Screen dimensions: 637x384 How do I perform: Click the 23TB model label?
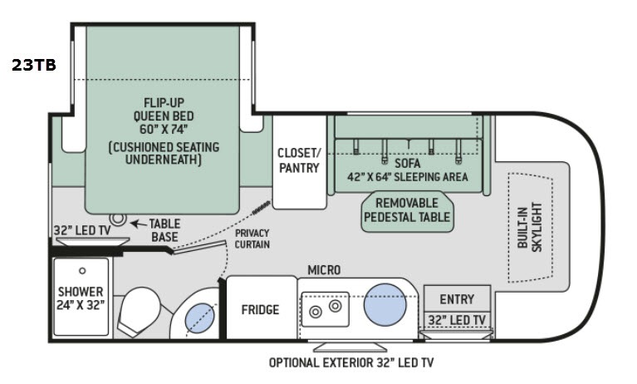[x=34, y=65]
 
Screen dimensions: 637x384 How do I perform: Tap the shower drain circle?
[x=82, y=270]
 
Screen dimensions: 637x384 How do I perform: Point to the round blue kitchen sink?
[x=385, y=305]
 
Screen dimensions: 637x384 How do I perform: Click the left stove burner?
[x=316, y=313]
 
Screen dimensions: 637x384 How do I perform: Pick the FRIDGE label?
[x=260, y=310]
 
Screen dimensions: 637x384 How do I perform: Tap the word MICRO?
[x=324, y=270]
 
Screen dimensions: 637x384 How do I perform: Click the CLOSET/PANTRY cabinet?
[x=300, y=162]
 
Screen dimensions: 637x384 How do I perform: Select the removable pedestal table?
[x=407, y=211]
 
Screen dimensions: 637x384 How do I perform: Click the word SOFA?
[x=408, y=164]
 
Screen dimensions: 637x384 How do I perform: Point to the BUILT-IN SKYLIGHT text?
[x=530, y=227]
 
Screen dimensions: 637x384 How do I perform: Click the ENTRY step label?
[x=457, y=299]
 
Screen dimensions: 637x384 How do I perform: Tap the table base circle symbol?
[x=118, y=219]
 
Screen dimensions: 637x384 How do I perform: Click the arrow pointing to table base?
[x=138, y=224]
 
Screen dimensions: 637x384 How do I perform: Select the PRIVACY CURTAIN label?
[x=252, y=239]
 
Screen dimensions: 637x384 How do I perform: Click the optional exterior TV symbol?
[x=350, y=347]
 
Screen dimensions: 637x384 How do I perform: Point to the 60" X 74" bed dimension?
[x=164, y=130]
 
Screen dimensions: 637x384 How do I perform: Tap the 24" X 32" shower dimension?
[x=81, y=305]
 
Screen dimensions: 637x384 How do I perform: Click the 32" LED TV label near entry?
[x=457, y=320]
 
